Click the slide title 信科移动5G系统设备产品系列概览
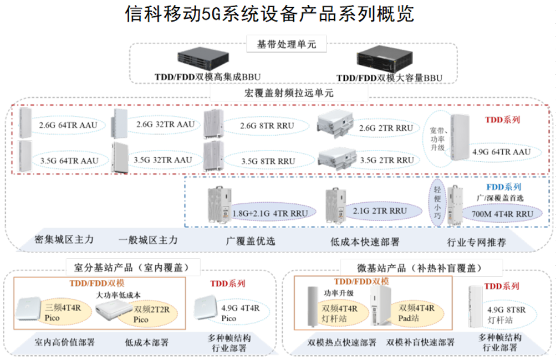coord(270,14)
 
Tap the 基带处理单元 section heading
coord(286,44)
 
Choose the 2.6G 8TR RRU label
coord(267,126)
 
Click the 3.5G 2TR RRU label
coord(387,160)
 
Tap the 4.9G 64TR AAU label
coord(501,151)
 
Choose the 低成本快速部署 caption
coord(365,241)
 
